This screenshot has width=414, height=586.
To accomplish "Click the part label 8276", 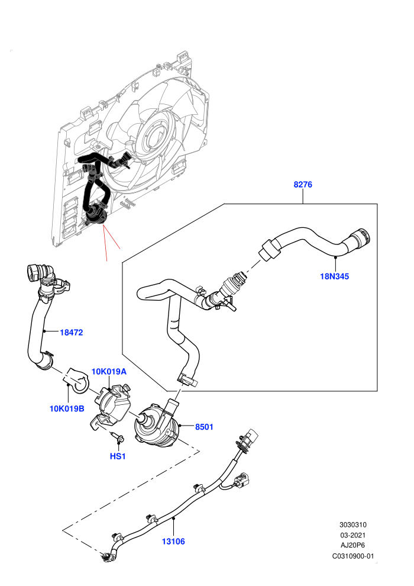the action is (303, 184).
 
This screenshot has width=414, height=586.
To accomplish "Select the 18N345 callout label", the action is (335, 276).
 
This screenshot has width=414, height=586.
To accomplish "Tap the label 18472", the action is (72, 332).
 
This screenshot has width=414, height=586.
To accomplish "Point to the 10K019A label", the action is (109, 372).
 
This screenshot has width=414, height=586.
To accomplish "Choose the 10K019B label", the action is (67, 408).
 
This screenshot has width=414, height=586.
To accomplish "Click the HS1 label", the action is (118, 456).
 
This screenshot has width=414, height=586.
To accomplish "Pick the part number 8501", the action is (204, 427).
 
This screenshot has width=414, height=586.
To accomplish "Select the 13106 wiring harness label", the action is (173, 541).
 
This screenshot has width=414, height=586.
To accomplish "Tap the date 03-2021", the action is (352, 535).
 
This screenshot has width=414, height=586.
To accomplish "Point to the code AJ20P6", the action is (352, 545).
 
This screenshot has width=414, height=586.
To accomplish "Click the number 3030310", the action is (352, 524).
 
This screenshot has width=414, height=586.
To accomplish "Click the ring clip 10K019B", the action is (78, 381).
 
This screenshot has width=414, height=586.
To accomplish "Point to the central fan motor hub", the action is (157, 135).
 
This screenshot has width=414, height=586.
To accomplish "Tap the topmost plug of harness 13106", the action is (250, 436).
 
